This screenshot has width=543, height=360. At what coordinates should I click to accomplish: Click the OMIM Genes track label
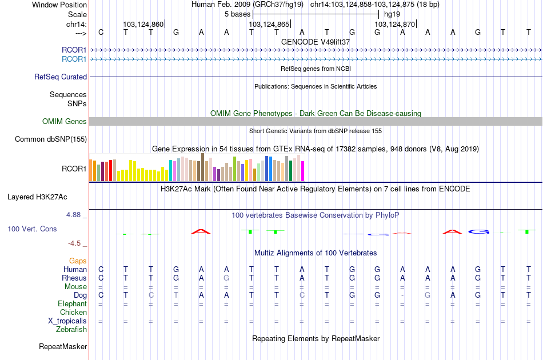tap(64, 121)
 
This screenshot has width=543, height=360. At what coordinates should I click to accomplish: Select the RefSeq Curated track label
tap(61, 77)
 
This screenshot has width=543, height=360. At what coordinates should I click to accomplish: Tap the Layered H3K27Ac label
tap(37, 197)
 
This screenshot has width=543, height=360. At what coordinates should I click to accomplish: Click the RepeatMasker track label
tap(63, 346)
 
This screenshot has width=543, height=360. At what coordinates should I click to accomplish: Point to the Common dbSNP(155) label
tap(51, 139)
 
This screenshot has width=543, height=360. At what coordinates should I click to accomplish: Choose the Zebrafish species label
tap(71, 329)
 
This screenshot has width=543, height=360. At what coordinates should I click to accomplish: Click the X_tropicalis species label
tap(67, 321)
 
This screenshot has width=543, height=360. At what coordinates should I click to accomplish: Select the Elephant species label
tap(72, 304)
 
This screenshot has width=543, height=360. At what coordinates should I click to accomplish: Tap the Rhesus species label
tap(74, 278)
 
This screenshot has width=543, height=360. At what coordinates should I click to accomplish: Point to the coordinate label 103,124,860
tap(143, 25)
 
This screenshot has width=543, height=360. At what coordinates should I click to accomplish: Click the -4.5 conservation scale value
tap(75, 243)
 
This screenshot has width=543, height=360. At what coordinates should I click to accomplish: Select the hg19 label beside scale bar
tap(392, 14)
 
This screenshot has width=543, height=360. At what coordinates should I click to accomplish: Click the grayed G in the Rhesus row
tap(226, 278)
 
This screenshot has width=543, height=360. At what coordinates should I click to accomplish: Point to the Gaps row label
tap(78, 261)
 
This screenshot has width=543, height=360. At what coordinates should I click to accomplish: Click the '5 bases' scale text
tap(237, 14)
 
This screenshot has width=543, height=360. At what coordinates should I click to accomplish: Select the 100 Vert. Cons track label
tap(32, 229)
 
